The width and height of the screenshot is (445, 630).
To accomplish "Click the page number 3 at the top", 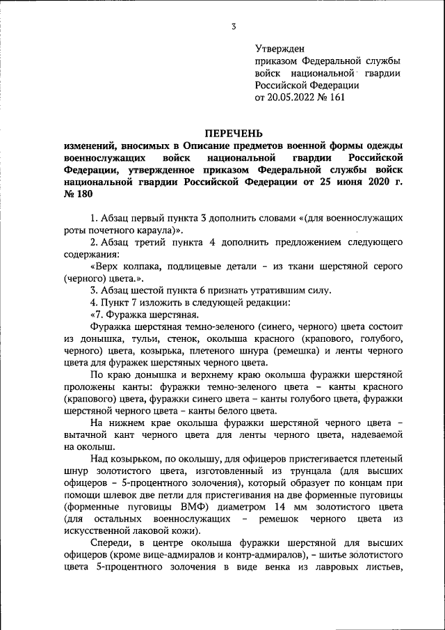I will (x=234, y=26).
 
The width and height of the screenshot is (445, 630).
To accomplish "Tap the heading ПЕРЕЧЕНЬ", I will (x=233, y=132).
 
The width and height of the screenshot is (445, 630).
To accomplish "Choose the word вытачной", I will (x=83, y=434).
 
